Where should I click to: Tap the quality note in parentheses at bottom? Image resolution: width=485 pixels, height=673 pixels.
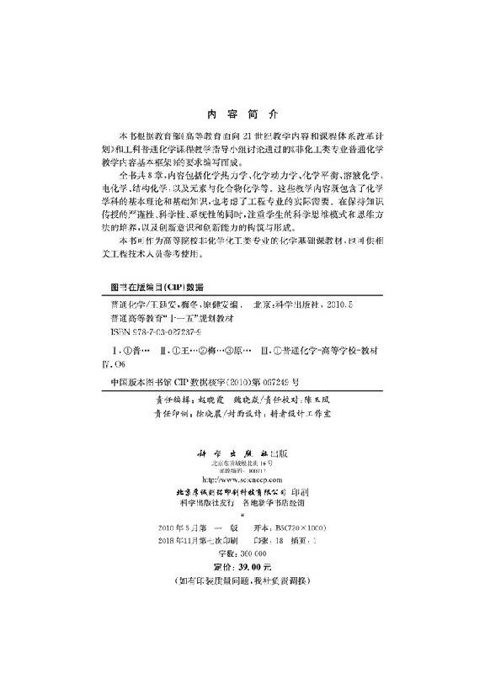pyautogui.click(x=242, y=582)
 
